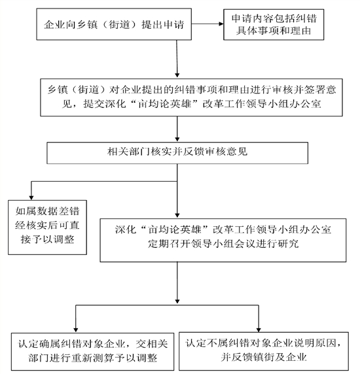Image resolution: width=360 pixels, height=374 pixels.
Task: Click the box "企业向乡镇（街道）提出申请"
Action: (x=114, y=24)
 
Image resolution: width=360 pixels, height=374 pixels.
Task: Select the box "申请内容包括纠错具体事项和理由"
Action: (x=274, y=24)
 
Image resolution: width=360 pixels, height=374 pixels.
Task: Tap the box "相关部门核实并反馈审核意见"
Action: (x=177, y=153)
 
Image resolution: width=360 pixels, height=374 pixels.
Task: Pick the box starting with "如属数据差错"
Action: (x=47, y=228)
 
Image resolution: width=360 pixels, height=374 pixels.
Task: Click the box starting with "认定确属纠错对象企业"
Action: (x=93, y=351)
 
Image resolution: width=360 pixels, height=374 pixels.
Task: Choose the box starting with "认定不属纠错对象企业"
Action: (x=264, y=351)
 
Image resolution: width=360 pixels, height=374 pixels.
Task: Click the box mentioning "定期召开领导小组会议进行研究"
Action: (x=223, y=240)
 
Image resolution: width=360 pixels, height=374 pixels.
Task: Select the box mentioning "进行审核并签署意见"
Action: (x=192, y=97)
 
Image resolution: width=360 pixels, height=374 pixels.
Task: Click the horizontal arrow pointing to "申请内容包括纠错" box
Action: (x=207, y=24)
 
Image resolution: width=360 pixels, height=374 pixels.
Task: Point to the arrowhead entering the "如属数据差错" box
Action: (x=31, y=198)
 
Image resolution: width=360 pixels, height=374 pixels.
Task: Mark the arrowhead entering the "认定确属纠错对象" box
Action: (x=76, y=330)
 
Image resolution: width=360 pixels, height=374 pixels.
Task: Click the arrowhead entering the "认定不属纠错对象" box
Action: (x=259, y=330)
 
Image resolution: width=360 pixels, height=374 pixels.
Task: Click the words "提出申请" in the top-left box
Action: (x=162, y=25)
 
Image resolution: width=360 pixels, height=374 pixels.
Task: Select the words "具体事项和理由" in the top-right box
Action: (x=274, y=31)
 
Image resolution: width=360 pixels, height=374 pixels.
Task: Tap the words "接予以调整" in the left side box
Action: (x=47, y=239)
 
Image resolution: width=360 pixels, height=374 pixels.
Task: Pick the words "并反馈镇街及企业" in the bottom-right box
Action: (x=264, y=357)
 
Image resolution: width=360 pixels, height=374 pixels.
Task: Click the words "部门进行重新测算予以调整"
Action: (x=93, y=358)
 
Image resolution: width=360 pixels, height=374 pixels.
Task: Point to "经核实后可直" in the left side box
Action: (x=47, y=225)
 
